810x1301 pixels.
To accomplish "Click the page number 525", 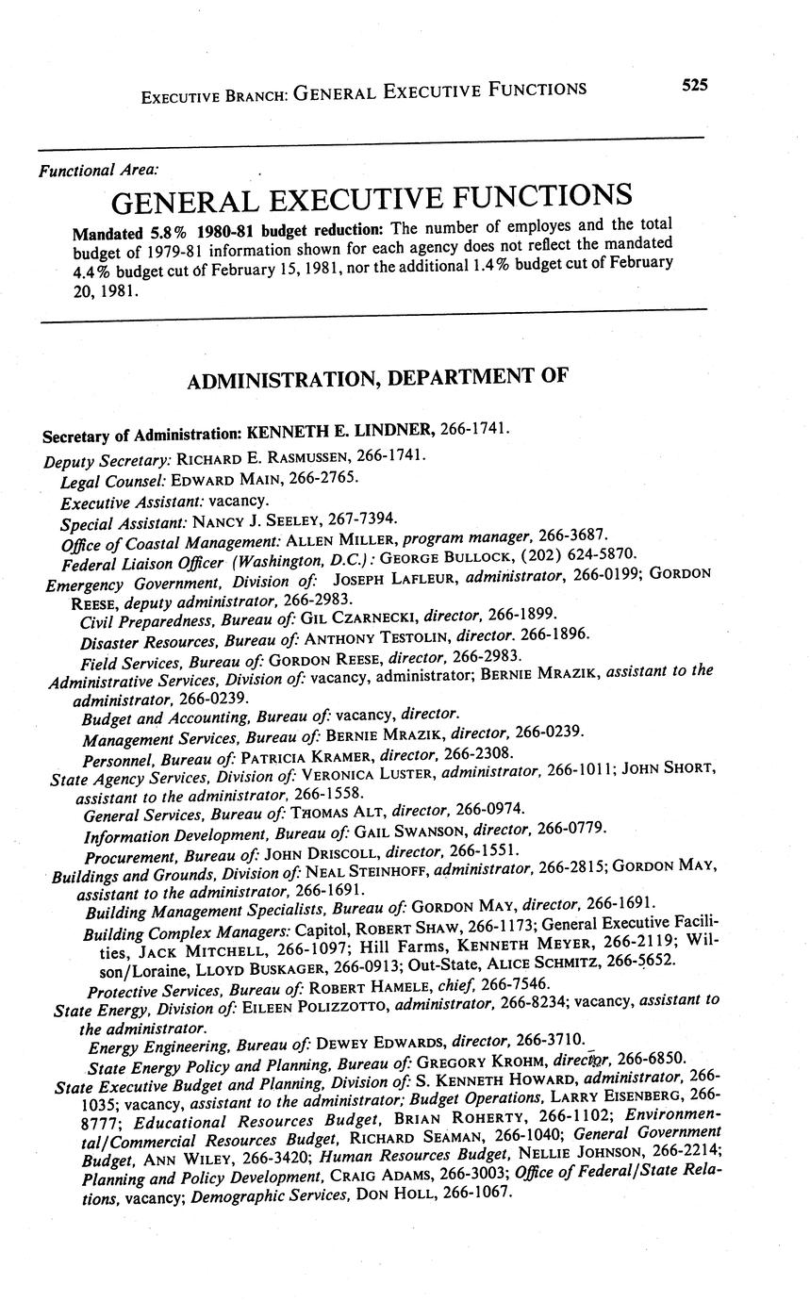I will click(x=694, y=85).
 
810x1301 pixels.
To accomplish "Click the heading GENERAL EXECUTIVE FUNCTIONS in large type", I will click(x=372, y=199).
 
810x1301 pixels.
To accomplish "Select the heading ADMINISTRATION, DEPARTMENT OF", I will click(x=377, y=379).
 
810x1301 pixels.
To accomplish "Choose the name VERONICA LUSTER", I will click(x=369, y=773).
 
